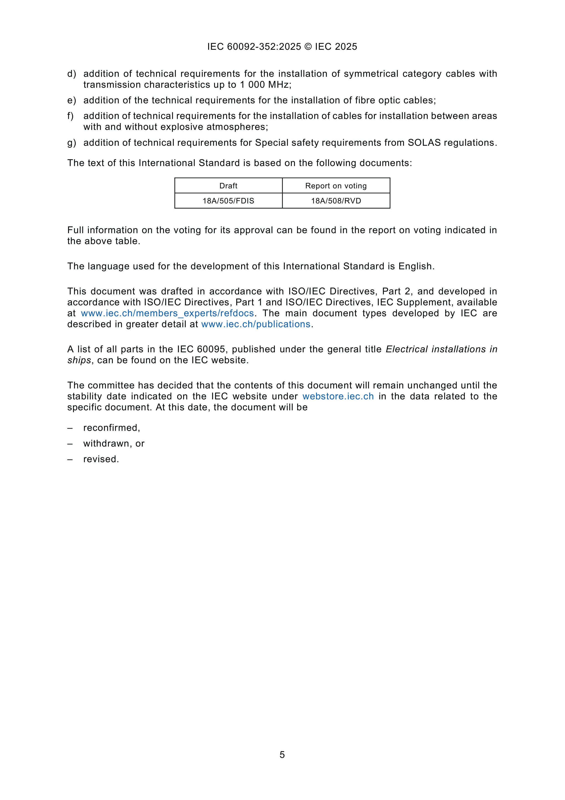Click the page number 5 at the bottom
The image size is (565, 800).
tap(282, 754)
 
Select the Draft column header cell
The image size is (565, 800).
tap(228, 186)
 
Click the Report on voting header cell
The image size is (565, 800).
tap(336, 186)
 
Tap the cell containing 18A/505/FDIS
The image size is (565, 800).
tap(228, 201)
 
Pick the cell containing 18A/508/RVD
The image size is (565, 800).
tap(336, 201)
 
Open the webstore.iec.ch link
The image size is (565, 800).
tap(338, 396)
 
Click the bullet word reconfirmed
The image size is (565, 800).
tap(111, 427)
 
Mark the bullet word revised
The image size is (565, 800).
tap(101, 459)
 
